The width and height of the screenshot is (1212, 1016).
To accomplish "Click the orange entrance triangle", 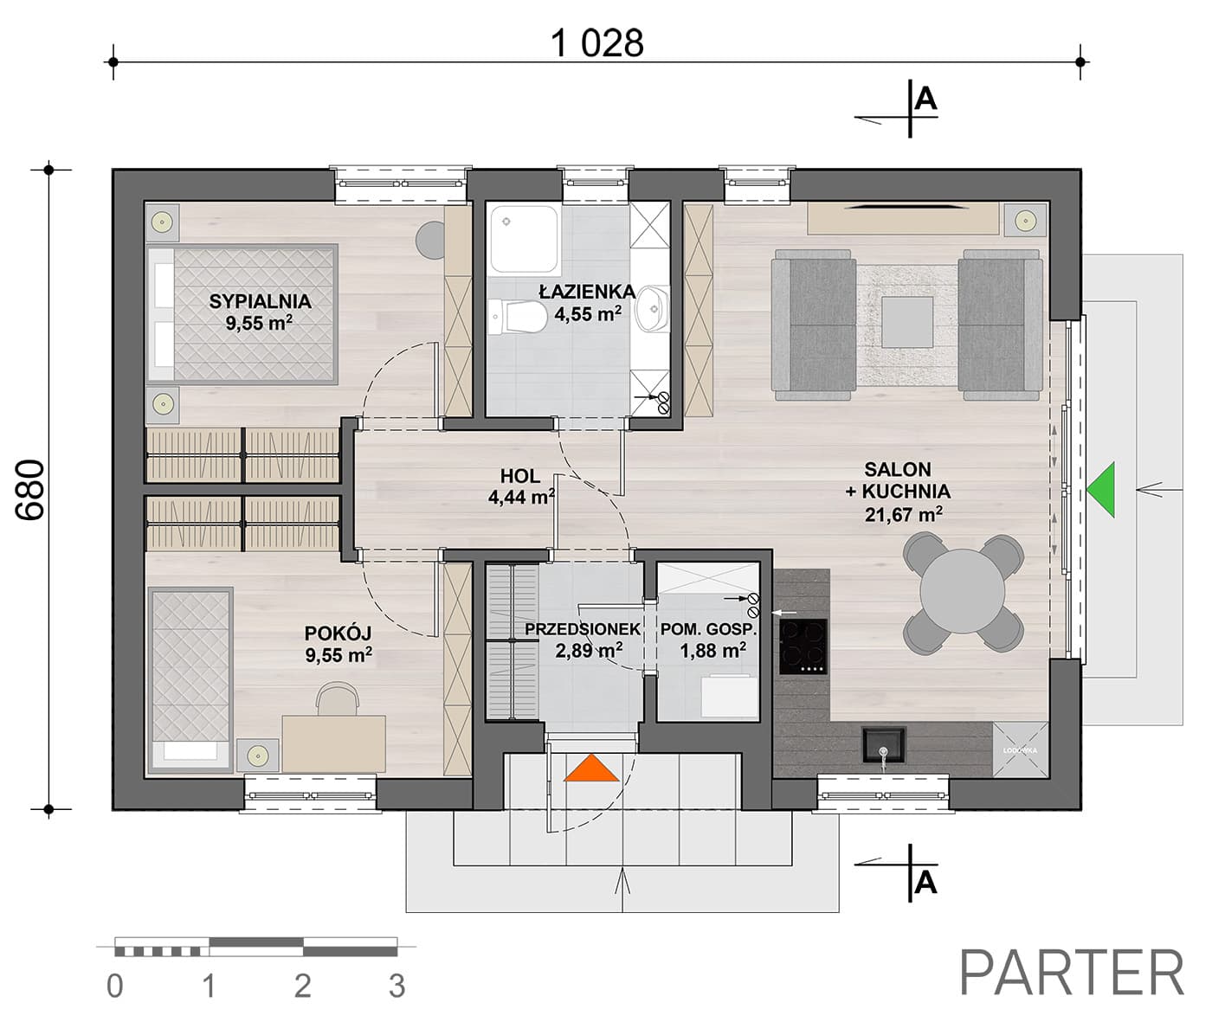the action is click(591, 768).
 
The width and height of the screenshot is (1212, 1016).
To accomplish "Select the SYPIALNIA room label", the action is click(260, 301).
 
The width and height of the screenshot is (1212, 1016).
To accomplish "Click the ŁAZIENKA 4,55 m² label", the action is click(588, 302).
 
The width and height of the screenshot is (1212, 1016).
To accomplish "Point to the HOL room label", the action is click(520, 476).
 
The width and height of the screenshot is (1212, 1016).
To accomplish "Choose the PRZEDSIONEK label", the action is click(583, 629).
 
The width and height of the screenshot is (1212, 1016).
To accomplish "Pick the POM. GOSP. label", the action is click(709, 629).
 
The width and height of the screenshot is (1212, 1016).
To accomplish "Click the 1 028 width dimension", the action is click(596, 43).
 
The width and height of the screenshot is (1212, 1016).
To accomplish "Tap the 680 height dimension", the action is click(30, 490).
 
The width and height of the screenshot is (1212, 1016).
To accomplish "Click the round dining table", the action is click(963, 591).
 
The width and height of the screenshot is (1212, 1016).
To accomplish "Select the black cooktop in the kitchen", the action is click(803, 646).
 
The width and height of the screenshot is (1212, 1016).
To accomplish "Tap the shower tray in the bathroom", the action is click(525, 239).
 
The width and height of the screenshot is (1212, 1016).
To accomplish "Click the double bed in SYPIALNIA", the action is click(242, 314).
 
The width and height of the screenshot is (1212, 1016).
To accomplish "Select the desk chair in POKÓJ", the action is click(338, 698).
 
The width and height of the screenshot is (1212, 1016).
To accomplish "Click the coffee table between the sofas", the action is click(907, 322).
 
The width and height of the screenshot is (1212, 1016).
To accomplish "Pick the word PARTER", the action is click(1072, 973).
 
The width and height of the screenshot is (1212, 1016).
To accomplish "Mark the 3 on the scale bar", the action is click(397, 986).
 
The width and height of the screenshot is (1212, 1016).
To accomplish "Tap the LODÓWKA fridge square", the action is click(1020, 749).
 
